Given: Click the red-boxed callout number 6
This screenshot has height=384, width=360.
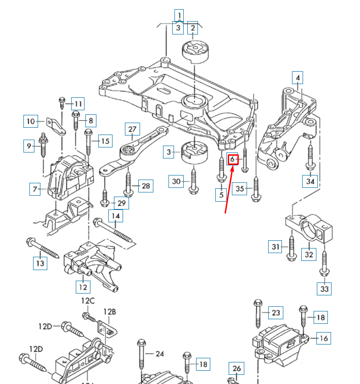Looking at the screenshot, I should tap(233, 159).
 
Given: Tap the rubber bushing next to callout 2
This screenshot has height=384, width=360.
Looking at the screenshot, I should tap(195, 51).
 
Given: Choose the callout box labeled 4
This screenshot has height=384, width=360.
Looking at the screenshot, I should tap(298, 78).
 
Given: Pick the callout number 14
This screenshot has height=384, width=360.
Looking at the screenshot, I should tap(116, 215).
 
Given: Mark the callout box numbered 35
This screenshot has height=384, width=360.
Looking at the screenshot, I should tap(239, 188).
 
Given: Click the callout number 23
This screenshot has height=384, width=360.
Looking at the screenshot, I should tap(276, 313).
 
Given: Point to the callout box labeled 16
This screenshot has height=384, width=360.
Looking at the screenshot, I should tap(324, 339).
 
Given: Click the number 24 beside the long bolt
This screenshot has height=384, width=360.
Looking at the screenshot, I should tap(159, 354).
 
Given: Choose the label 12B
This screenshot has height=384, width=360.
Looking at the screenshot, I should tap(109, 312).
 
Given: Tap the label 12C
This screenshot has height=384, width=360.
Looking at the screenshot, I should tap(88, 301).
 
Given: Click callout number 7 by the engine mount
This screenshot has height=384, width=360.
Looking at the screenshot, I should tap(35, 189).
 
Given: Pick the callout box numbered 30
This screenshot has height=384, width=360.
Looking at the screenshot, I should tap(177, 181).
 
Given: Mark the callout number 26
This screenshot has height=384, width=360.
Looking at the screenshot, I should tap(236, 368).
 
